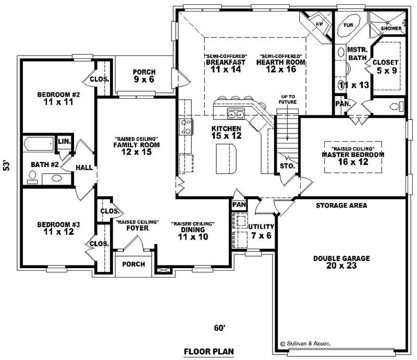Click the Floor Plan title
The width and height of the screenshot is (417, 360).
coord(208,351)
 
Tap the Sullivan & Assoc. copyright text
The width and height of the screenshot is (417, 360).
coord(305,344)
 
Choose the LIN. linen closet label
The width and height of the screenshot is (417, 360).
coord(64,142)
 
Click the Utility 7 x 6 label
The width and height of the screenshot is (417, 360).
coord(261,230)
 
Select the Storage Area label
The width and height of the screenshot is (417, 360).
coord(341,206)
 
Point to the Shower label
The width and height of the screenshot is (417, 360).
coord(391,28)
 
